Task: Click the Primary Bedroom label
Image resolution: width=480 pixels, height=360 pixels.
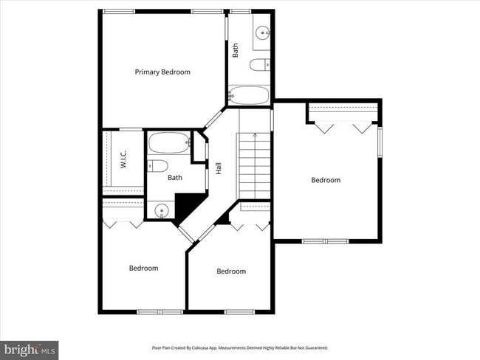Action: (x=162, y=72)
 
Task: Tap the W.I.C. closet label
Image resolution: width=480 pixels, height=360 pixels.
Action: (x=123, y=159)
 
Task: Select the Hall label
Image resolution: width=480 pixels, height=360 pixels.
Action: (x=219, y=168)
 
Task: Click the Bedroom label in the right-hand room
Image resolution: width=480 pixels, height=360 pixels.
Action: (x=326, y=180)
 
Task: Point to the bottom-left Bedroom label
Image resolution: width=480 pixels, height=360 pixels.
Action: (x=143, y=268)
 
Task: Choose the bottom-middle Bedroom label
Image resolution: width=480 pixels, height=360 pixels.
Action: (x=230, y=271)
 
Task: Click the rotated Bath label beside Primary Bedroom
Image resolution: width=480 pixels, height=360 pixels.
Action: (x=236, y=51)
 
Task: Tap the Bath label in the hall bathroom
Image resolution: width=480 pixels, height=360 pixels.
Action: (x=175, y=177)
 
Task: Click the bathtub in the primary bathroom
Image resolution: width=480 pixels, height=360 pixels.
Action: (x=250, y=95)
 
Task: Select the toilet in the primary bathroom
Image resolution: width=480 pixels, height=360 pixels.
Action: (x=261, y=66)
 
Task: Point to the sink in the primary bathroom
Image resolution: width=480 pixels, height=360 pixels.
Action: (x=263, y=33)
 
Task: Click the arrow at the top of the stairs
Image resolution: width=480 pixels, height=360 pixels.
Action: (x=255, y=136)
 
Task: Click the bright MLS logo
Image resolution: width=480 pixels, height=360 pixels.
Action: (x=30, y=349)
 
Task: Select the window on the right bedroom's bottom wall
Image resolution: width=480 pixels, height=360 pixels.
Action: (x=325, y=241)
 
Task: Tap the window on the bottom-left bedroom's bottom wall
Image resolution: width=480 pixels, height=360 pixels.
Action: (x=160, y=312)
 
